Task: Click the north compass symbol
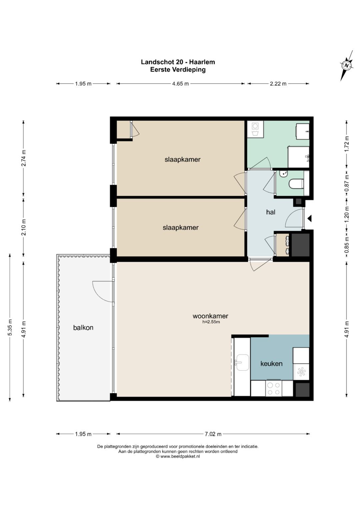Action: pos(346,65)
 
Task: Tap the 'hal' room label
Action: pos(271,212)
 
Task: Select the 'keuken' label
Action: pos(271,364)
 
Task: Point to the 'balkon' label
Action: pos(83,327)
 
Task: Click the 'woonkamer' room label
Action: pos(210,316)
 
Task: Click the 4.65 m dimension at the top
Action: pos(180,84)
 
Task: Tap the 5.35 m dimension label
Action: pos(10,327)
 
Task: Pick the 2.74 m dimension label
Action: pos(23,158)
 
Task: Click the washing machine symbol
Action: pos(255,129)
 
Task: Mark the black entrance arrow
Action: pos(309,219)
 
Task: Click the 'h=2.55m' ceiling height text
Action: pos(211,322)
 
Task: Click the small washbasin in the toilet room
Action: pos(284,174)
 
